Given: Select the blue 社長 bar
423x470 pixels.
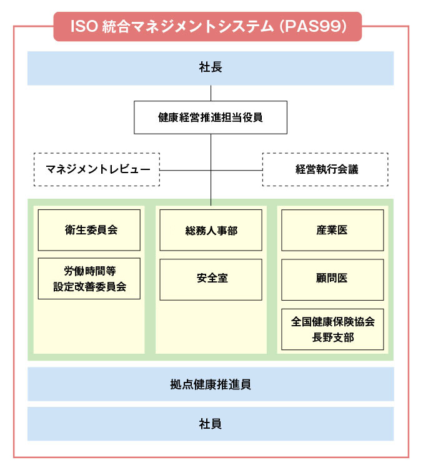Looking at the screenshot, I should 211,67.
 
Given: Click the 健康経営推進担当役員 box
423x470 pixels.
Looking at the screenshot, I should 211,117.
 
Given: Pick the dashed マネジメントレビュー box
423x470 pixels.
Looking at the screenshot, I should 96,169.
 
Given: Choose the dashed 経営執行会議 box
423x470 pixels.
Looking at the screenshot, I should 325,169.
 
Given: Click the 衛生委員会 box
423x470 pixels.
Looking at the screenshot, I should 89,230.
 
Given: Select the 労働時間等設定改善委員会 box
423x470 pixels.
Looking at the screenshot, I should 89,278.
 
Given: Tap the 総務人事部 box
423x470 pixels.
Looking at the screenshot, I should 211,230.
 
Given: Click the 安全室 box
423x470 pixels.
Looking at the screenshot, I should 211,279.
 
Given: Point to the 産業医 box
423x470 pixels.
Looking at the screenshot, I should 332,230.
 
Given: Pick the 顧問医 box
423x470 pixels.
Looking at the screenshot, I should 332,279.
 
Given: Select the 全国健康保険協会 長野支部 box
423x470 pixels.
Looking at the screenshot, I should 332,329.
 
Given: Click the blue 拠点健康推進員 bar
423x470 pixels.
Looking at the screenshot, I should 211,384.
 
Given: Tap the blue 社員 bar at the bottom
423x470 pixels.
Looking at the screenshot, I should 211,424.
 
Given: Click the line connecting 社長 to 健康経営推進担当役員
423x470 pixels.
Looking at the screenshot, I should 211,92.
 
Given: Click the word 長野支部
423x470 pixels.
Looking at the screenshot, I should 332,337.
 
